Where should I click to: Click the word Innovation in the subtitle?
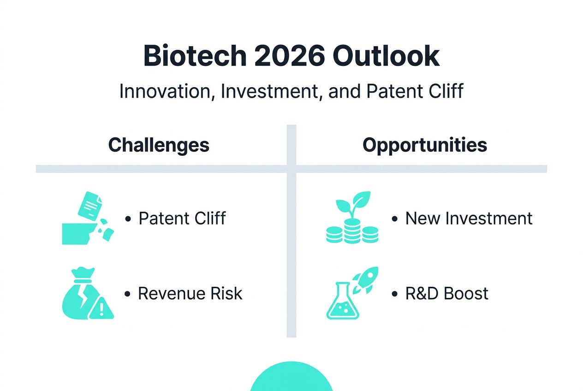point(167,91)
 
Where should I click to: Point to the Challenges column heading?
point(159,145)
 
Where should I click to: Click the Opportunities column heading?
point(424,145)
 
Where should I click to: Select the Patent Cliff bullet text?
point(182,218)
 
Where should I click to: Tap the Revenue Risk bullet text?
point(190,293)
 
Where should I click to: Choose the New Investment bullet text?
point(469,218)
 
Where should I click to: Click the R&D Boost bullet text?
point(446,293)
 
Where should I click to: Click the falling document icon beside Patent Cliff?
point(91,206)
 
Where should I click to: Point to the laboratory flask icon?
point(342,302)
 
